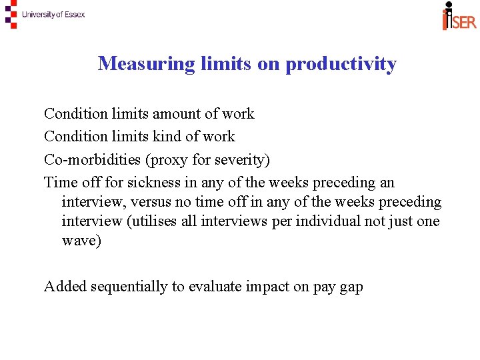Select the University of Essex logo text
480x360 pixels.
pos(53,15)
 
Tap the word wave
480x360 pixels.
pos(79,241)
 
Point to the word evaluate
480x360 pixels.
pos(217,287)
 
